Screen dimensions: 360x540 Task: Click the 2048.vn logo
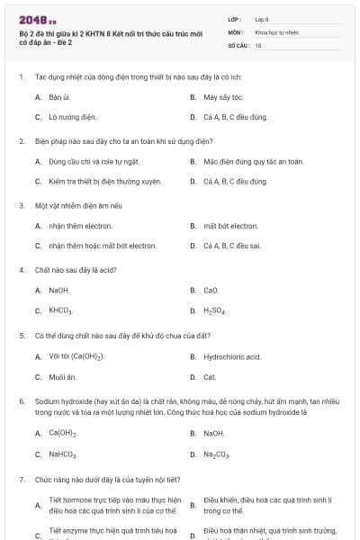pos(31,19)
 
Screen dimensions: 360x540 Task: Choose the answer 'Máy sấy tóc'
pos(224,97)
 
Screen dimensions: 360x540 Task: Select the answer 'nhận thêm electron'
pos(80,226)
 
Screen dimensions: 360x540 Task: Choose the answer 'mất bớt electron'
pos(230,226)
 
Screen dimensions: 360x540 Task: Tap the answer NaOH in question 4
pos(59,290)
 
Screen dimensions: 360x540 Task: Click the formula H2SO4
pos(215,310)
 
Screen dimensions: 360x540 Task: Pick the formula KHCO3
pos(61,310)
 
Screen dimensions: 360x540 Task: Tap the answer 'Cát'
pos(210,376)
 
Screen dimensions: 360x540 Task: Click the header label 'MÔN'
pos(235,31)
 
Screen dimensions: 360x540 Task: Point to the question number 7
pos(21,479)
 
